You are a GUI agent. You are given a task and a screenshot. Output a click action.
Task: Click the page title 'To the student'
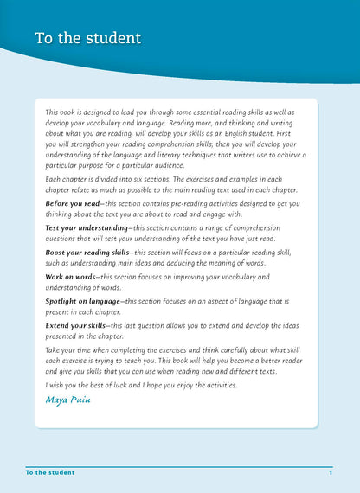click(87, 40)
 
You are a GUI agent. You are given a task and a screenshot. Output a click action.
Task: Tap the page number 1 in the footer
click(331, 473)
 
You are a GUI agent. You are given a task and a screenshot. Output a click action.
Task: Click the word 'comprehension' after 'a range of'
click(261, 228)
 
